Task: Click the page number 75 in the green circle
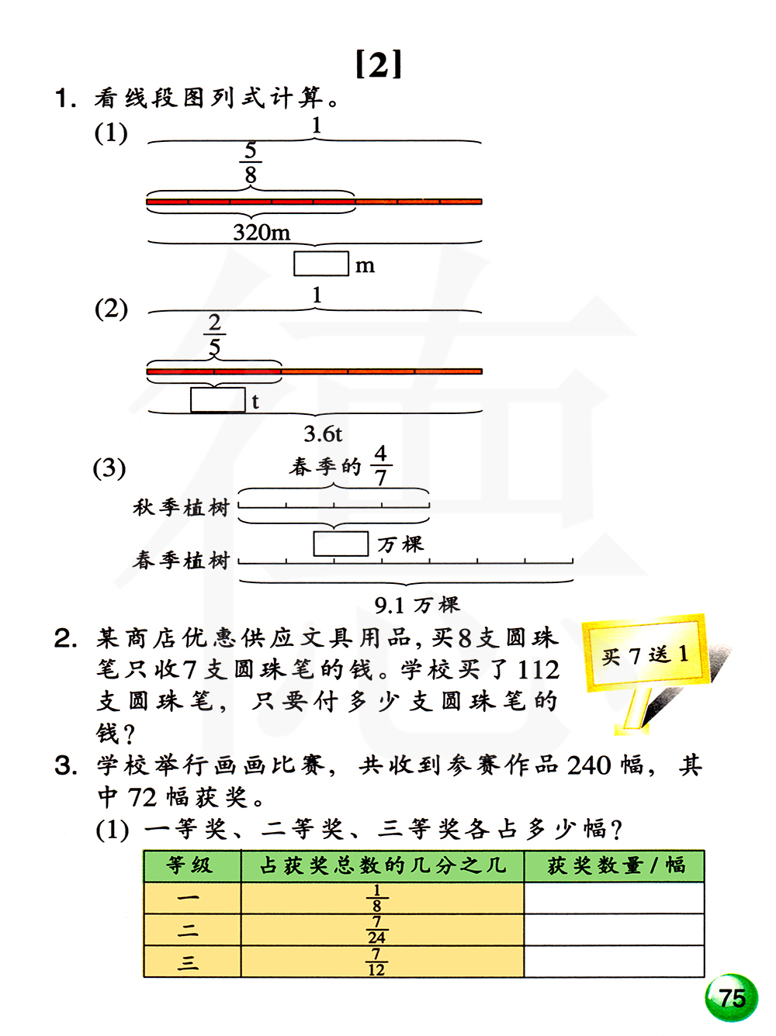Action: pyautogui.click(x=731, y=997)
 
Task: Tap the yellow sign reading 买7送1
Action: pyautogui.click(x=646, y=654)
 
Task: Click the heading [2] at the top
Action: pyautogui.click(x=379, y=64)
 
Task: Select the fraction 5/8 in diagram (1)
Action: pyautogui.click(x=250, y=163)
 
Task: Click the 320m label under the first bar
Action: pyautogui.click(x=262, y=232)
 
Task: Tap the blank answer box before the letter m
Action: pyautogui.click(x=320, y=264)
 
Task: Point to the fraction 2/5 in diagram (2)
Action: pyautogui.click(x=215, y=334)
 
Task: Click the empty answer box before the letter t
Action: pyautogui.click(x=218, y=400)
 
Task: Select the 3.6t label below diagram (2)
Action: pyautogui.click(x=323, y=433)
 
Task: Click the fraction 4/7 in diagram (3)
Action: pyautogui.click(x=380, y=465)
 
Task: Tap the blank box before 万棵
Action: pyautogui.click(x=341, y=544)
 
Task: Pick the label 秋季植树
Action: pyautogui.click(x=182, y=508)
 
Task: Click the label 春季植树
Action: pyautogui.click(x=182, y=560)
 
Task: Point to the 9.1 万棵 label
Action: pyautogui.click(x=417, y=604)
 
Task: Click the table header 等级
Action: pyautogui.click(x=191, y=865)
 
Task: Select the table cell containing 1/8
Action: pyautogui.click(x=382, y=898)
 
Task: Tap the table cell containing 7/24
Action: pyautogui.click(x=382, y=930)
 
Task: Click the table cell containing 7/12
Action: pyautogui.click(x=382, y=962)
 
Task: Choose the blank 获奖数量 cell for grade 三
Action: pyautogui.click(x=614, y=962)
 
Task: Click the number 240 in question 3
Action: pyautogui.click(x=589, y=765)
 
